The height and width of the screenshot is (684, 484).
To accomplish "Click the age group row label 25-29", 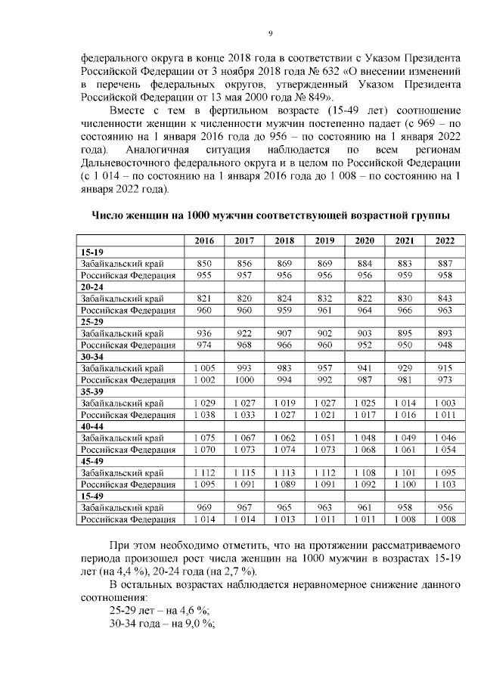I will click(92, 322).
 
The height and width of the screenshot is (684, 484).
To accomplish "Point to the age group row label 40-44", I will click(92, 426).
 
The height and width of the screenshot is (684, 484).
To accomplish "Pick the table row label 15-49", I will click(92, 496).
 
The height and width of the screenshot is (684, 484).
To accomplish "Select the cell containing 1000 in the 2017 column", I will click(244, 379).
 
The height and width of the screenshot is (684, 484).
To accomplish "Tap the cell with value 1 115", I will click(244, 472).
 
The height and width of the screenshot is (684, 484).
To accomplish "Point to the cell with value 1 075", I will click(204, 438).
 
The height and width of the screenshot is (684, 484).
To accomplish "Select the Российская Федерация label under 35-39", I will click(127, 414).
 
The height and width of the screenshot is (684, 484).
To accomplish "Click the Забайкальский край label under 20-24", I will click(120, 299).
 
